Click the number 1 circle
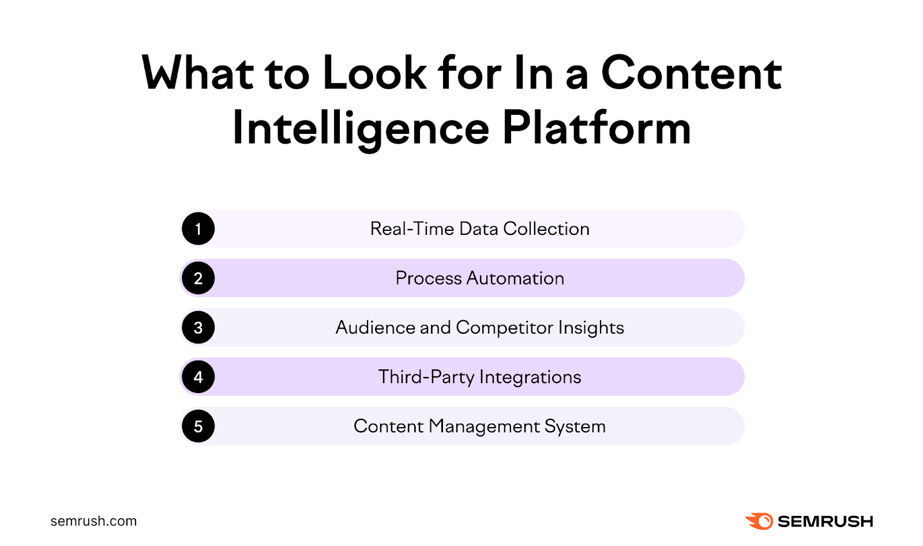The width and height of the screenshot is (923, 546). [198, 229]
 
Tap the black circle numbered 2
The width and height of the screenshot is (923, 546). [198, 278]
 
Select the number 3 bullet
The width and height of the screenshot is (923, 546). [198, 328]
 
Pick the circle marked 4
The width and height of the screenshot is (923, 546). [198, 377]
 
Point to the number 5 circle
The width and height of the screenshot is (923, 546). [198, 427]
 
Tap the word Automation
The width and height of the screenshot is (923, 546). [515, 278]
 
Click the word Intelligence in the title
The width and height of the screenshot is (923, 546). [361, 129]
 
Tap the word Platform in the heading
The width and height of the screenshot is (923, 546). [596, 128]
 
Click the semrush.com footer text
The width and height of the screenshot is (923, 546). [93, 521]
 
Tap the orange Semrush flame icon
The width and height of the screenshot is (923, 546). [759, 521]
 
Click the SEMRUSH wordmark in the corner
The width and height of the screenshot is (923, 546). [825, 521]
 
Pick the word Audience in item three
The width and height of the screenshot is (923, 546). [375, 328]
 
